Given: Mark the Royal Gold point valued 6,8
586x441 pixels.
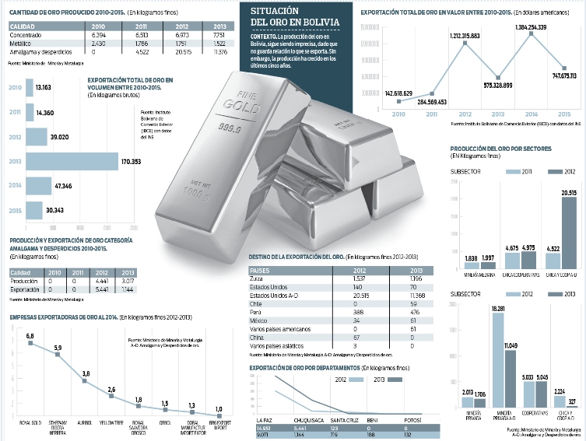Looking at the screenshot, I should (x=30, y=343).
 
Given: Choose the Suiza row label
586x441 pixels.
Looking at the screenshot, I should (x=258, y=278).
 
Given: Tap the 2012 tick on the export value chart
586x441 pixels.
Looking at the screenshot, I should (x=465, y=114).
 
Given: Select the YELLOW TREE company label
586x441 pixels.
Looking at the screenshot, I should (x=111, y=425).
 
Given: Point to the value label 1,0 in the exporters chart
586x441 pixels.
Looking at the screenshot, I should (x=219, y=409).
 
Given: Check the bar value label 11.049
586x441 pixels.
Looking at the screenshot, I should (x=511, y=345).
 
